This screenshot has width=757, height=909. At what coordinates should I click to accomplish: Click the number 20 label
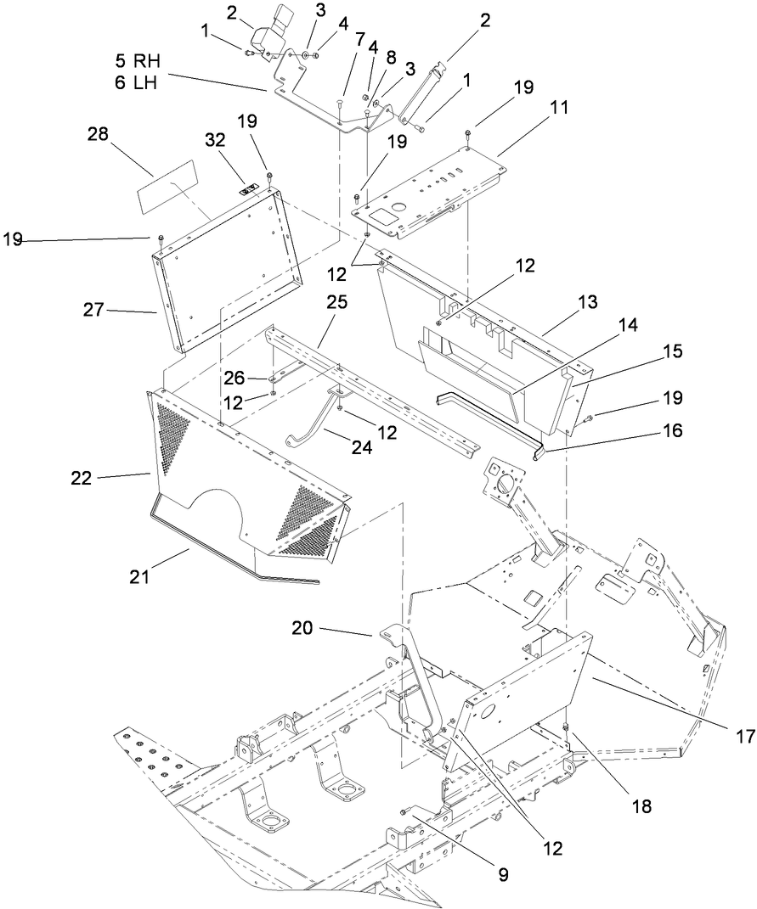(304, 629)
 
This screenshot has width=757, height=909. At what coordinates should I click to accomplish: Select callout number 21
(139, 577)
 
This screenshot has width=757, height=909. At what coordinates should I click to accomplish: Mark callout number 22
(81, 478)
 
